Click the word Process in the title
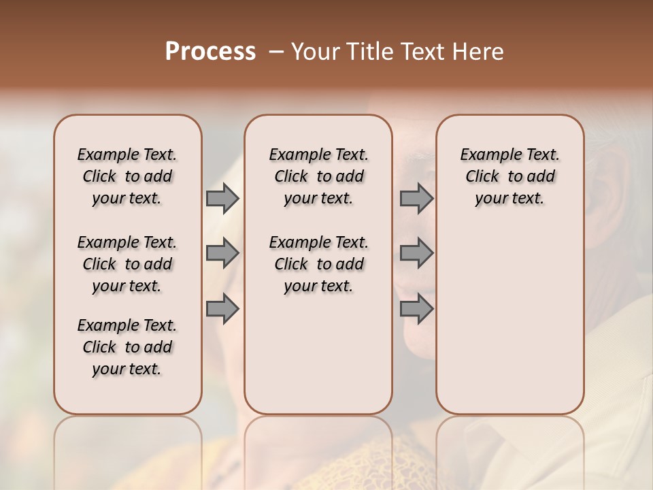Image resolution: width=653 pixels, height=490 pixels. pos(210,52)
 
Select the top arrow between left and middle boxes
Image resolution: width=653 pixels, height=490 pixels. pos(222,198)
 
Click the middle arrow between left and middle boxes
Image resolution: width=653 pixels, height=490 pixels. pos(222,254)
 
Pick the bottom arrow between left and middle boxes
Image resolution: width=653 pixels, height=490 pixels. pos(222,309)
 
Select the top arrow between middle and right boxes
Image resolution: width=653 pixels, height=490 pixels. pos(416,198)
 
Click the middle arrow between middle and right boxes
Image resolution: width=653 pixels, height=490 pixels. pos(416,254)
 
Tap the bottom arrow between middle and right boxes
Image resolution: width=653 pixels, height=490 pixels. pos(416,309)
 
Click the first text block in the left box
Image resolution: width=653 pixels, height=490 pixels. pos(127,176)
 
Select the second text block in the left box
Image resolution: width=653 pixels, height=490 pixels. pos(127,264)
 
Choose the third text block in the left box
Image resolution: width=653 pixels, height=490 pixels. pos(127,347)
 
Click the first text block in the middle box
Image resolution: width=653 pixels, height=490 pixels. pos(318,176)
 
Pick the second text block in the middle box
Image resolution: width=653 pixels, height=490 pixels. pos(318,264)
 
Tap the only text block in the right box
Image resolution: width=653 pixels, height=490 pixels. pos(509,176)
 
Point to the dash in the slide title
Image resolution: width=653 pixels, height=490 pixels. pos(275,52)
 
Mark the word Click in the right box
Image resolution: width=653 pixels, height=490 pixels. pos(482,176)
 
